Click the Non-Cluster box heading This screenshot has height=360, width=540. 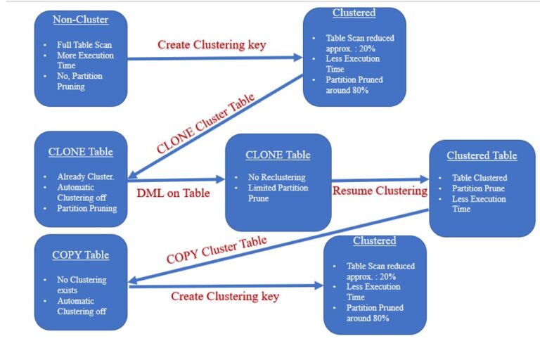pos(81,19)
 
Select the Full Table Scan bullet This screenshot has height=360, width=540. pos(84,45)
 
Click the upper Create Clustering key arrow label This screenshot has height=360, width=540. pos(212,44)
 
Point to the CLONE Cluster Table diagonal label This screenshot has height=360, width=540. pos(205,124)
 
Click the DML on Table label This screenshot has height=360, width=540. pos(165,192)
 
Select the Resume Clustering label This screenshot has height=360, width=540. pos(380,191)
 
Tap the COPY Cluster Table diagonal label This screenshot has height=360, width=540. pos(217,250)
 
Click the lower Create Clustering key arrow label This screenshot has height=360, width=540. pos(225,296)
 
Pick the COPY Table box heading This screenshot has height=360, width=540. pos(81,255)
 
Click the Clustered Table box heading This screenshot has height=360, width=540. pos(482,155)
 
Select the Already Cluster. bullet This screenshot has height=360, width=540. pos(85,176)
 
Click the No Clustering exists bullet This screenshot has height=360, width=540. pos(82,284)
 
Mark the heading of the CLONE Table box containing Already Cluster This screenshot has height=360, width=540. pos(81,151)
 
